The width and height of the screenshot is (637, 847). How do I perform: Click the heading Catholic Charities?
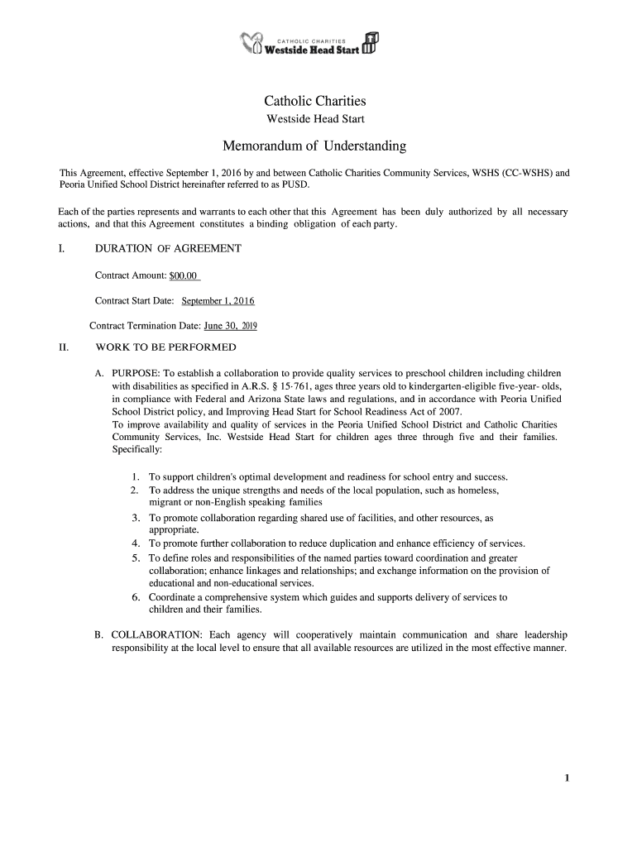point(314,101)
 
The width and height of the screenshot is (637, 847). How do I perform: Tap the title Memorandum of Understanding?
point(314,146)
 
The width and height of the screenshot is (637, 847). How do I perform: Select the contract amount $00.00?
point(184,275)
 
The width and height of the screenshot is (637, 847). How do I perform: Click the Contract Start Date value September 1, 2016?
point(218,300)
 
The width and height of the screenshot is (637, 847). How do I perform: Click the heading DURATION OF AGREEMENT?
point(168,248)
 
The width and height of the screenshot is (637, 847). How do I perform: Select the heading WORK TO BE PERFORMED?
point(165,347)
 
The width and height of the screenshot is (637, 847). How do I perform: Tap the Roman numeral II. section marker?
point(63,347)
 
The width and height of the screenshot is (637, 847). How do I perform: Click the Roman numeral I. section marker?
point(61,248)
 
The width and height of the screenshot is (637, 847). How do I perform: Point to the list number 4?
point(135,543)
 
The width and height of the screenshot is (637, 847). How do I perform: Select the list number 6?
point(135,597)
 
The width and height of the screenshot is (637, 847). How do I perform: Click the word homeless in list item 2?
point(477,490)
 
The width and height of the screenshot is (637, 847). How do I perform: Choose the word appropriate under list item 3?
point(174,529)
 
